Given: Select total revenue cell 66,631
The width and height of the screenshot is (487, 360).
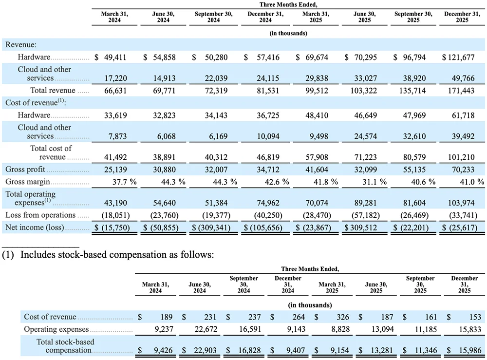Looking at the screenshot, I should tap(115, 90).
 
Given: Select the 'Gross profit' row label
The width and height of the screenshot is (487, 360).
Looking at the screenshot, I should tap(25, 170).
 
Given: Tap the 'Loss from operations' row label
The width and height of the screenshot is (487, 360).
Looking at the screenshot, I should tap(40, 215).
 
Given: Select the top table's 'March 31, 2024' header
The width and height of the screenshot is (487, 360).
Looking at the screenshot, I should tap(114, 18).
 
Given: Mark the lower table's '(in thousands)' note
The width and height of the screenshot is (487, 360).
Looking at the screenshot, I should tap(310, 305).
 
